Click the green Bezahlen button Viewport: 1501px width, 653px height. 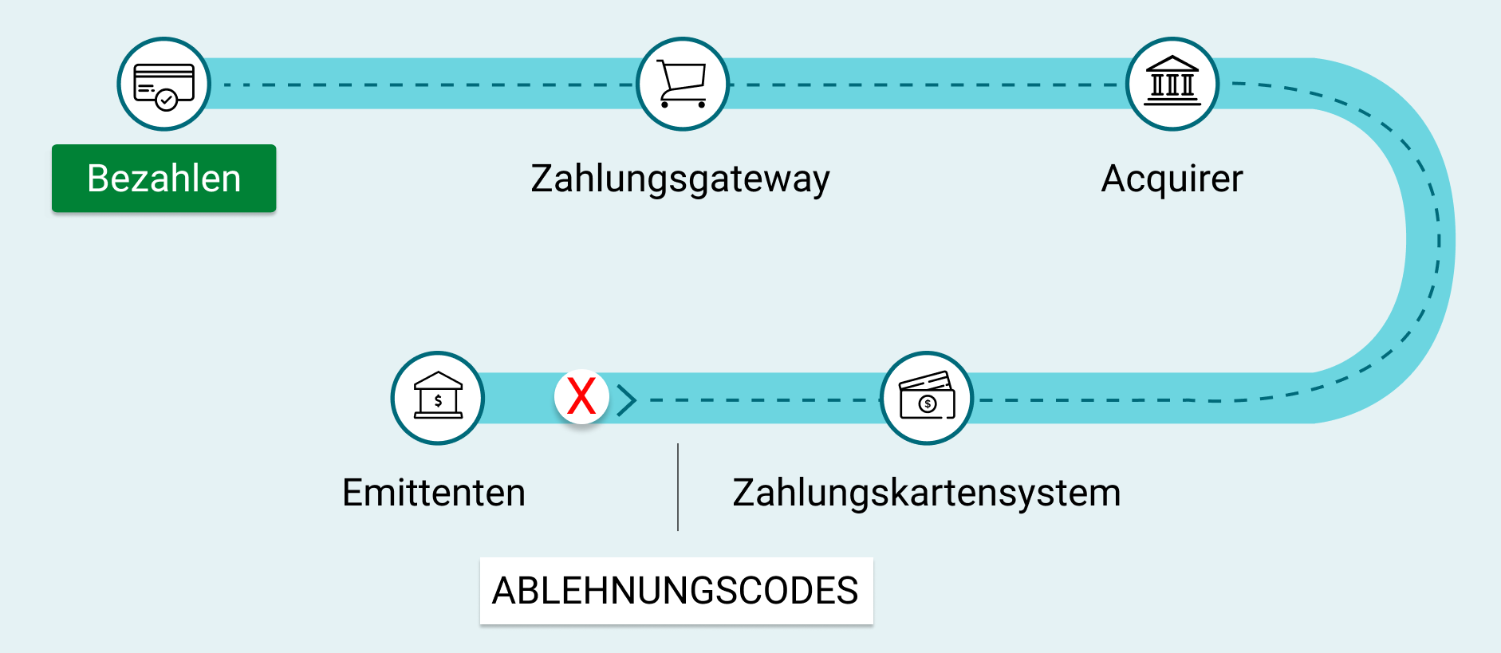(x=163, y=178)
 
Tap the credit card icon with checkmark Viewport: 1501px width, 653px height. (x=163, y=84)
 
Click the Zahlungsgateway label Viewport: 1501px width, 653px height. (x=680, y=179)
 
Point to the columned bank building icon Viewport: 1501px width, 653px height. (x=1172, y=83)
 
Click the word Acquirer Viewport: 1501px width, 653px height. (x=1172, y=179)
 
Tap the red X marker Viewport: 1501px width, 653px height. (x=581, y=396)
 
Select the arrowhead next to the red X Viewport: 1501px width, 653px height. (x=627, y=399)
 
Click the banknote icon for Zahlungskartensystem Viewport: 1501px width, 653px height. (x=926, y=397)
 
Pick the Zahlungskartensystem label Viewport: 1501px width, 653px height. (x=926, y=493)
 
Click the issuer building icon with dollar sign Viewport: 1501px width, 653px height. (x=438, y=396)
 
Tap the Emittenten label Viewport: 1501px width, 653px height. (x=434, y=493)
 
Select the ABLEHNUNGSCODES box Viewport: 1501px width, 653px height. (x=676, y=591)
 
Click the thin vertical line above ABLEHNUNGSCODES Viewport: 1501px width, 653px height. (x=678, y=487)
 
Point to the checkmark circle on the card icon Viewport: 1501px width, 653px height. (x=166, y=100)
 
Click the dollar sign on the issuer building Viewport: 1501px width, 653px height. (x=438, y=401)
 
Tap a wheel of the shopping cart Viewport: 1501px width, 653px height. (x=665, y=104)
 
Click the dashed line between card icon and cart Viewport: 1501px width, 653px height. (x=423, y=85)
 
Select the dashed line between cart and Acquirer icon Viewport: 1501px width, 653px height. (x=925, y=85)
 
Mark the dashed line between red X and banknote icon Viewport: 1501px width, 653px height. (x=758, y=399)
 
